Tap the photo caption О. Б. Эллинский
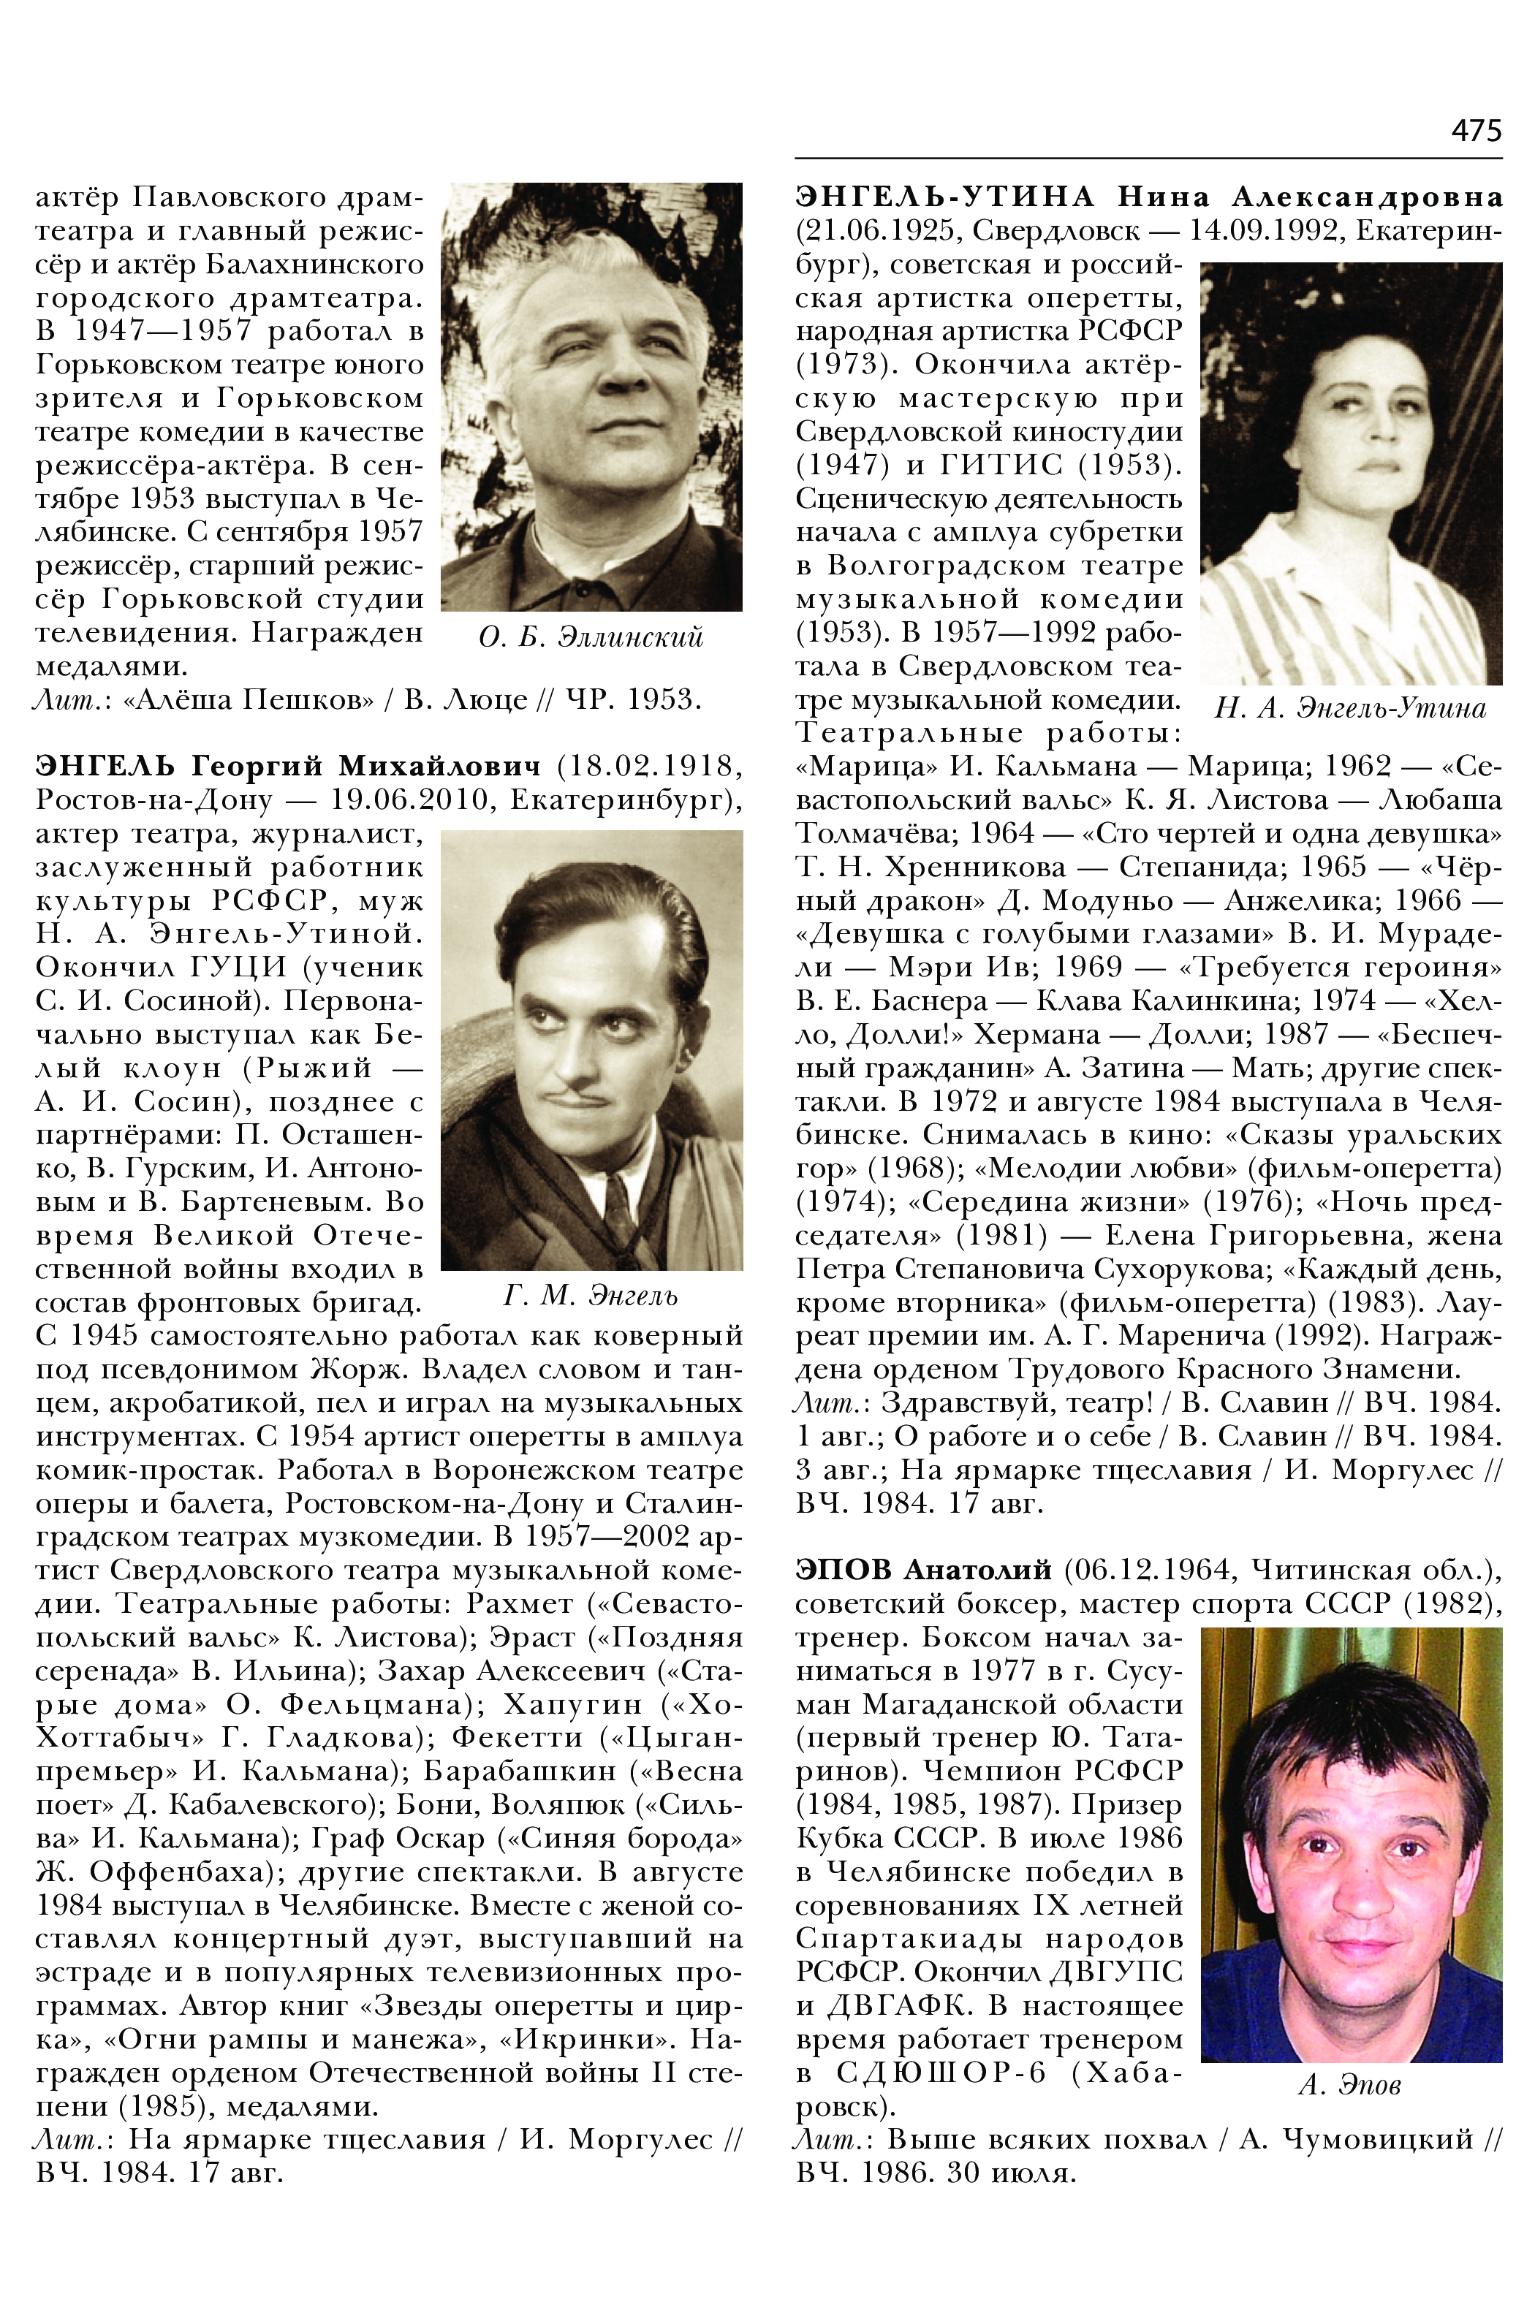coord(591,638)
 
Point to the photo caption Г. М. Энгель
coord(591,1296)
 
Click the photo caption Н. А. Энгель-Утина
coord(1350,709)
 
